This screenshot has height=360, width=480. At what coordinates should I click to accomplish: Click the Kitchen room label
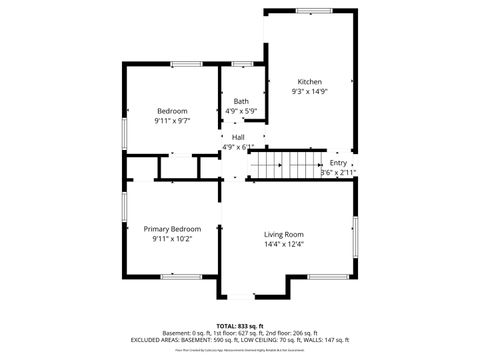(x=309, y=81)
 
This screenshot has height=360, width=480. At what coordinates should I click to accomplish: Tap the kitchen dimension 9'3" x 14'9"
(x=309, y=92)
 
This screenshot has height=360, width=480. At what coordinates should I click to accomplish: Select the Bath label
(x=242, y=101)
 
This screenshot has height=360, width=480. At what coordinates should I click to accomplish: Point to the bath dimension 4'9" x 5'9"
(x=242, y=111)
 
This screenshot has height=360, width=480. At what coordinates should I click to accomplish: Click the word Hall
(x=238, y=137)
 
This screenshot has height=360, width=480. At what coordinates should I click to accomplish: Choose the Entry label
(x=338, y=162)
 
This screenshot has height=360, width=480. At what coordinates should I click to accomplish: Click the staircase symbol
(x=282, y=164)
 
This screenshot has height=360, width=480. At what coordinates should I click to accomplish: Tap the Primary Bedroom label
(x=171, y=229)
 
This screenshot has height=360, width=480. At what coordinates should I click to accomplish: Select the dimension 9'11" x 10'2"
(x=171, y=239)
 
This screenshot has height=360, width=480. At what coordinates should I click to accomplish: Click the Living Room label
(x=283, y=233)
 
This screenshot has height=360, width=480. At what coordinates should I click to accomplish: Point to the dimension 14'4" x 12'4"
(x=283, y=244)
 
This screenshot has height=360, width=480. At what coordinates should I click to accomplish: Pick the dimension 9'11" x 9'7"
(x=172, y=121)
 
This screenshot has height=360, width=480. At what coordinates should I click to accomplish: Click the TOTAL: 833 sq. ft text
(x=239, y=325)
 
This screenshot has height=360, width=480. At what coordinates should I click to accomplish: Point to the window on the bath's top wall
(x=242, y=65)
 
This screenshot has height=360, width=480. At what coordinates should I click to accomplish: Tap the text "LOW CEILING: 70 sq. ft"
(x=268, y=340)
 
